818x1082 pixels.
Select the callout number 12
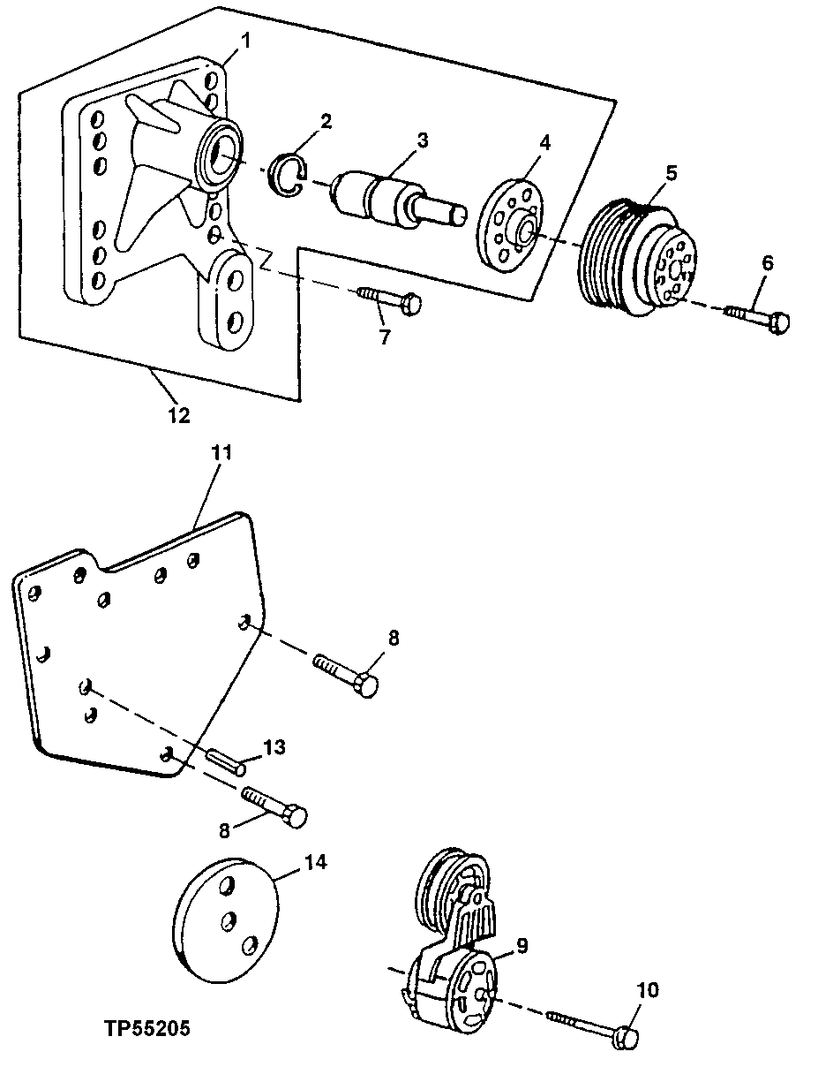point(179,414)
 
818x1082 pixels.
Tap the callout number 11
point(221,453)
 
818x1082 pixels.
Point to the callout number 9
point(522,946)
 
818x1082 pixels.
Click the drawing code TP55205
point(146,1029)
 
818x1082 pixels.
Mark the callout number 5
point(672,172)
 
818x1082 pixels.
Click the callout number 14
point(315,861)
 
